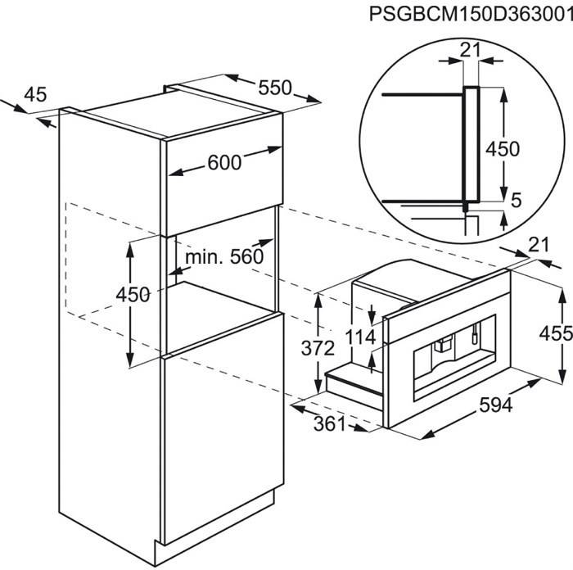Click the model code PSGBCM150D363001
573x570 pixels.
coord(471,14)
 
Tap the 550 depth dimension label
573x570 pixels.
coord(275,88)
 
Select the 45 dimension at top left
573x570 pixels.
coord(35,94)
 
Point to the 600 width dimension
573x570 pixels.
coord(224,162)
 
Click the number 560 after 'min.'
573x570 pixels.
coord(246,256)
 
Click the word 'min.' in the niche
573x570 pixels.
coord(205,257)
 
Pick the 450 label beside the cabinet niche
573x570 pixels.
coord(133,294)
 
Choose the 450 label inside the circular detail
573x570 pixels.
coord(503,149)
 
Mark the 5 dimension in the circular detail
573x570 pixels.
coord(516,200)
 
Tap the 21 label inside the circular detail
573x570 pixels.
coord(470,50)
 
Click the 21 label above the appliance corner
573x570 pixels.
coord(539,245)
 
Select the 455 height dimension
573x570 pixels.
coord(556,333)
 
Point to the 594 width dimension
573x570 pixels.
coord(496,405)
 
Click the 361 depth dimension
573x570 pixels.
coord(329,424)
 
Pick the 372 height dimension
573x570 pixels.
coord(318,348)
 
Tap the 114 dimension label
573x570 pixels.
coord(360,337)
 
